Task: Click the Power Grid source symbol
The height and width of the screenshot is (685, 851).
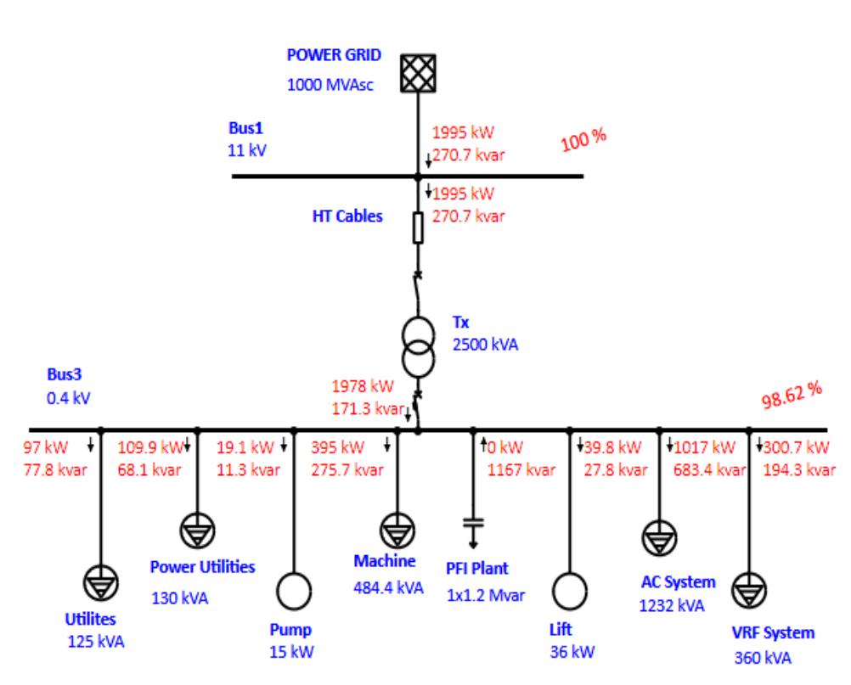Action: pyautogui.click(x=417, y=73)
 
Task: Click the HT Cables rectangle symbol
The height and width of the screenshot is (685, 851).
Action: pyautogui.click(x=417, y=227)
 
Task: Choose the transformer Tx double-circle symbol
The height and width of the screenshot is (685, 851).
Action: pyautogui.click(x=417, y=347)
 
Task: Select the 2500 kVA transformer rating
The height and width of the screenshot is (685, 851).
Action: pyautogui.click(x=483, y=345)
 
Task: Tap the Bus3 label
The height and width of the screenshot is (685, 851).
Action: pyautogui.click(x=65, y=373)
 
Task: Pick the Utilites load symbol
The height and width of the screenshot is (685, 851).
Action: pyautogui.click(x=101, y=581)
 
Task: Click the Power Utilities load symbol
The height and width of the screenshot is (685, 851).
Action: pyautogui.click(x=197, y=531)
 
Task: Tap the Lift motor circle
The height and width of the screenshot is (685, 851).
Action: pyautogui.click(x=569, y=590)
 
